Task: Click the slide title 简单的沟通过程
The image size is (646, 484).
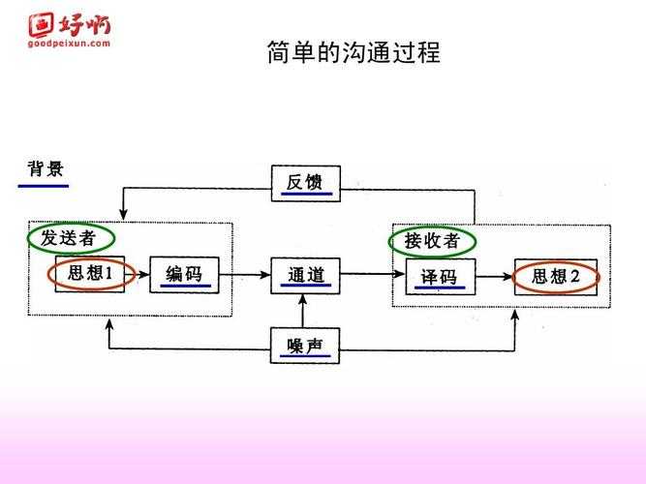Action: pos(353,52)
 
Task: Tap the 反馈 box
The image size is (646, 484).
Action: pos(305,183)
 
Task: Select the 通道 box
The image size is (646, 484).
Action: pos(305,276)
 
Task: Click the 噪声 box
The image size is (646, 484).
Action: pos(305,346)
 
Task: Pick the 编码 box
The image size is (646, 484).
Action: pos(184,275)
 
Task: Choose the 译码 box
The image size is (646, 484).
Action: pos(439,277)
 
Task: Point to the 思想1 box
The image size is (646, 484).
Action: pos(90,275)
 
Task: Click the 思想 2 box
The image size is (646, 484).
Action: pos(555,277)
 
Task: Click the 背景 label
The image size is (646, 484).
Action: pos(46,170)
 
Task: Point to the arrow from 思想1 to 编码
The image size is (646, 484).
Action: pos(137,275)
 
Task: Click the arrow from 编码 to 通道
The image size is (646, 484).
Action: pos(244,275)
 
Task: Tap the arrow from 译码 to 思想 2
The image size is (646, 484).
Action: pos(493,277)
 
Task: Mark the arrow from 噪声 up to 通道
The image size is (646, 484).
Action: pos(305,311)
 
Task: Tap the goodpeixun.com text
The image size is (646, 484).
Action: pos(69,44)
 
